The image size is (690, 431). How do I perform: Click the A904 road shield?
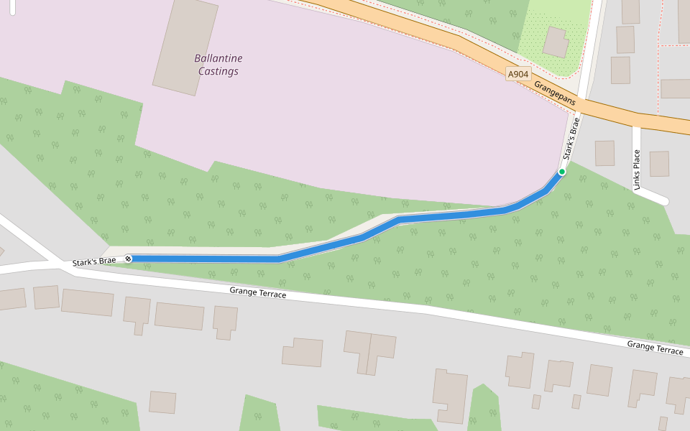coord(517,74)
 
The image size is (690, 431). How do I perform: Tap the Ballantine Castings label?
coord(218,65)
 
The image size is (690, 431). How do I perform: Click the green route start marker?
coord(561,172)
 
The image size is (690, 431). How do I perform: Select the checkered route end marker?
coord(128,259)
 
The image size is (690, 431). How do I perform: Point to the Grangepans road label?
coord(555,93)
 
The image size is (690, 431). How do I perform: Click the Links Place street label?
coord(637,170)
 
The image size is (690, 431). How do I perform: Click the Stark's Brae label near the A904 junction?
coord(571,141)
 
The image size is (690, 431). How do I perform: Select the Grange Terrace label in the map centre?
coord(257,293)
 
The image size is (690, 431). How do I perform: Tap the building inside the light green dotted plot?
coord(556,42)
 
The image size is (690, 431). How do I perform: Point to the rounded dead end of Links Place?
coord(663,200)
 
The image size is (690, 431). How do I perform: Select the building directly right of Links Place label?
coord(659,164)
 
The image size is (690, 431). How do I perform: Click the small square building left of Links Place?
coord(604,153)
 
